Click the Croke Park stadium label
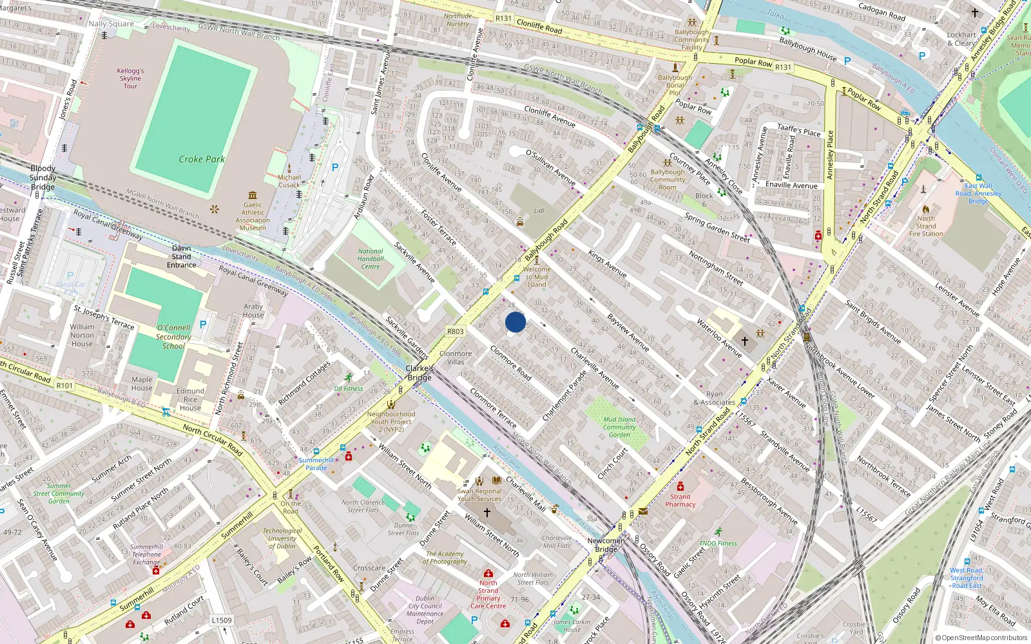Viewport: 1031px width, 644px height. click(x=202, y=159)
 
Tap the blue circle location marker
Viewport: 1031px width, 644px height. click(x=515, y=322)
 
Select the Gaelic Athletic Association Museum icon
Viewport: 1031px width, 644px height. click(x=253, y=195)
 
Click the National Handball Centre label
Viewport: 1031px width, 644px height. click(x=371, y=259)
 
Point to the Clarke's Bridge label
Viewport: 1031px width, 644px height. click(x=419, y=373)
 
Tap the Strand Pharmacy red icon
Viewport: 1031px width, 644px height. click(x=680, y=487)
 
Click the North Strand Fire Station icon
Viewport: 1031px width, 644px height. click(x=926, y=209)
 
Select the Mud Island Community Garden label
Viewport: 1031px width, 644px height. click(x=619, y=427)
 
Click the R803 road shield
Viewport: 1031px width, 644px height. click(x=456, y=332)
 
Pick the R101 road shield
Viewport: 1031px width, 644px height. click(x=64, y=386)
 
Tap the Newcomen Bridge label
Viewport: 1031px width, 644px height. click(x=606, y=545)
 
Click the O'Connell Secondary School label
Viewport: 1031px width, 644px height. click(x=173, y=337)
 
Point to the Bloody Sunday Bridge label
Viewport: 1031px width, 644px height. click(x=43, y=178)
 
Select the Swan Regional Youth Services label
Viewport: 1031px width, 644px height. click(x=479, y=495)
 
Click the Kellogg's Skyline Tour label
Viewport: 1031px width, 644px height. click(x=130, y=79)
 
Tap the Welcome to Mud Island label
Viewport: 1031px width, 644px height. click(x=537, y=277)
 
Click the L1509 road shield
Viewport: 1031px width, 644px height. click(x=222, y=620)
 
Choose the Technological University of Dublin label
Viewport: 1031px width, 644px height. click(x=282, y=538)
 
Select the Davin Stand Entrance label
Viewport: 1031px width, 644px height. click(x=182, y=256)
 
